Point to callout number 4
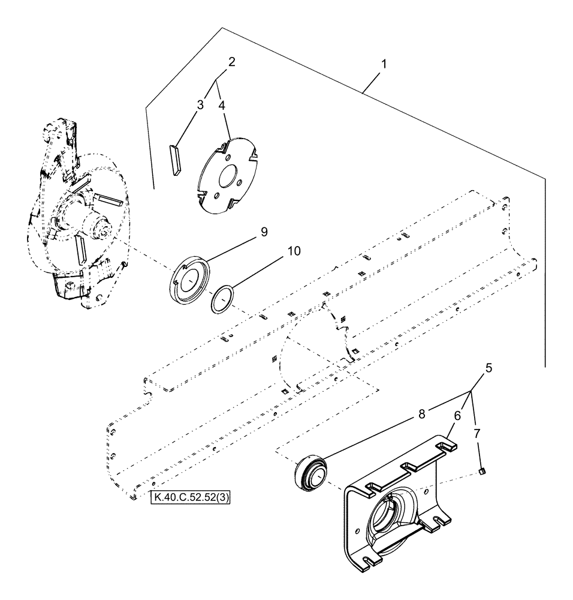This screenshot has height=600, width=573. tap(222, 104)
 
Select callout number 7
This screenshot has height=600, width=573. tap(478, 433)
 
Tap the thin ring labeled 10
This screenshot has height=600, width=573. tap(223, 298)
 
